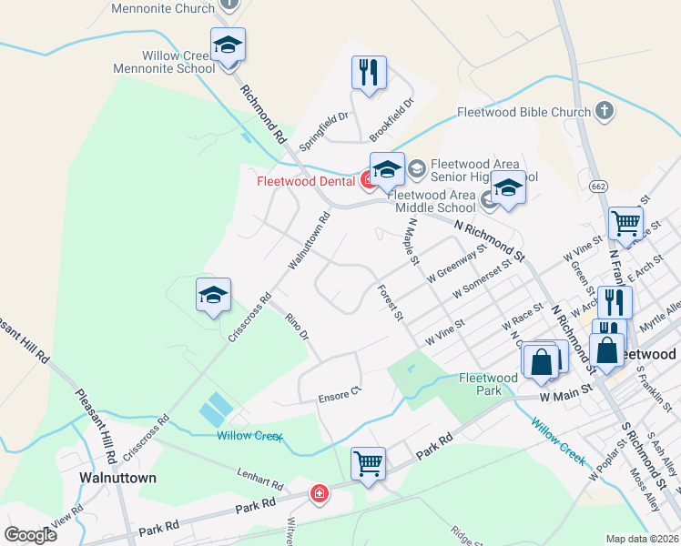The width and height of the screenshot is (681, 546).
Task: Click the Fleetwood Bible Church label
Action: (523, 113)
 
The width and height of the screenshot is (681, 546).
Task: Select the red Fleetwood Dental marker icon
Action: (370, 180)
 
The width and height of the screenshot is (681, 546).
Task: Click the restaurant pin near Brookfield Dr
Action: (369, 73)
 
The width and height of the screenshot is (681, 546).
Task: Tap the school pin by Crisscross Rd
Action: (213, 296)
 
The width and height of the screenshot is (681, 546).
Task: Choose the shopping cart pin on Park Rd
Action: (368, 462)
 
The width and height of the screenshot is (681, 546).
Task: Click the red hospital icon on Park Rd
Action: (320, 493)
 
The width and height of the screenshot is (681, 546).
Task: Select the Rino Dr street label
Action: (298, 326)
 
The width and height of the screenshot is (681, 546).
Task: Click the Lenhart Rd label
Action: (261, 476)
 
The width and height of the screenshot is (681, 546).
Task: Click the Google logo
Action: (30, 535)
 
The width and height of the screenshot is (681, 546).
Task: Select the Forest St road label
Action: (390, 303)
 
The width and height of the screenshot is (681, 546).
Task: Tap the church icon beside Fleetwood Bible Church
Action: (604, 111)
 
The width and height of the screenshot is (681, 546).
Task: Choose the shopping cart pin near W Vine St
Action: (625, 221)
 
